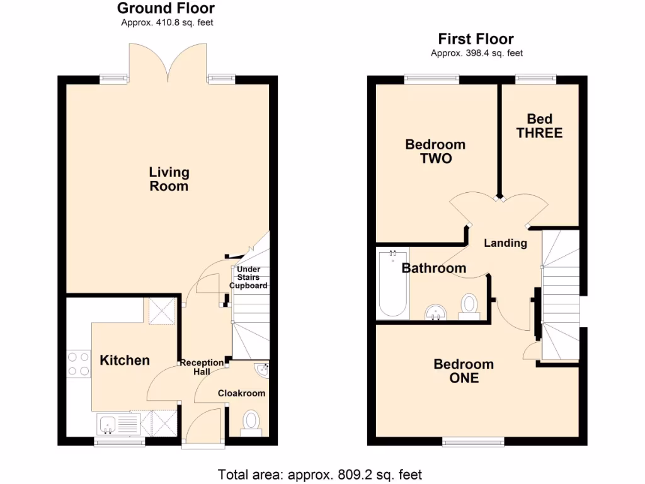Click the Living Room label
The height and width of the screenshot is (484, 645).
coord(169,179)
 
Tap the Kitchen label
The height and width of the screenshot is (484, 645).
coord(125,360)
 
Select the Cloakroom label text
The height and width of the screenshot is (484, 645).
coord(242,393)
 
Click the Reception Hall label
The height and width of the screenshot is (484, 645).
coord(202,367)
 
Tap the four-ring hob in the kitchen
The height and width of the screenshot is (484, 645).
coord(79,364)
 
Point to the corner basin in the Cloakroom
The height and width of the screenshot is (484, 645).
coord(261,370)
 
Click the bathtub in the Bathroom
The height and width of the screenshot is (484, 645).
coord(392,284)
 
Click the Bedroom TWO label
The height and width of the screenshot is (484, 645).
coord(435,151)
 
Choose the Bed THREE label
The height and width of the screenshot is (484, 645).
coord(539,126)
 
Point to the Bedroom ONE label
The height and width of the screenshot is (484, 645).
coord(464,371)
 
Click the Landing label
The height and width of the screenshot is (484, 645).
coord(505,243)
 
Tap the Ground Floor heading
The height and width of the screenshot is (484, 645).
coord(166,9)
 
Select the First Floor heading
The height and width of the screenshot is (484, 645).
coord(476,39)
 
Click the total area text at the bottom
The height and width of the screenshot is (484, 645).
coord(320,474)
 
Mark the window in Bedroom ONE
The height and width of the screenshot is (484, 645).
coord(473,442)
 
